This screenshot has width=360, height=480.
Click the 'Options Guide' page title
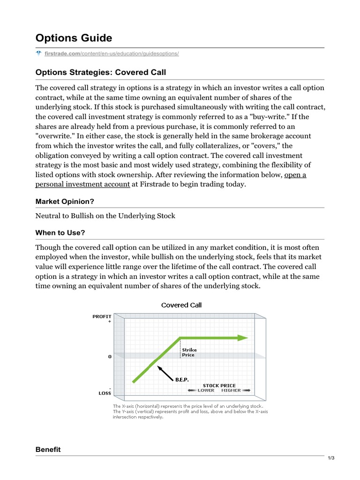(x=74, y=37)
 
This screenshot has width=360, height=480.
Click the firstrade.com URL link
(x=112, y=53)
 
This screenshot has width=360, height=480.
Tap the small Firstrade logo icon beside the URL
(x=39, y=53)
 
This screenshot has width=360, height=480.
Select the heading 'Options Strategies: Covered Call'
(x=101, y=72)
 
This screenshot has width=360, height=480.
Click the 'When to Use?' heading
(x=60, y=233)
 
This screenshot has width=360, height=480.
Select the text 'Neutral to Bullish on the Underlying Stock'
(x=105, y=216)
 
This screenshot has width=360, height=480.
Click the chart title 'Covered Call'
(x=181, y=305)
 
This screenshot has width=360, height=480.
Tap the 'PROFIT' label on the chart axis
(x=102, y=316)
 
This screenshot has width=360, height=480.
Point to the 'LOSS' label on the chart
(x=105, y=393)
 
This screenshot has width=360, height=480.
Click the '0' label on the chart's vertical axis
(x=110, y=357)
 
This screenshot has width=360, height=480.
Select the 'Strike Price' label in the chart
(x=189, y=352)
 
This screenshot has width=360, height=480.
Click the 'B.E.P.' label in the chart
(x=182, y=379)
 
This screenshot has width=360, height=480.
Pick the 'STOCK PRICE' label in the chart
(x=219, y=385)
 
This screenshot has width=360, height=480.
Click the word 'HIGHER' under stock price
(x=231, y=390)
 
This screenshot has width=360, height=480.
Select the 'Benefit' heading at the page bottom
(x=48, y=450)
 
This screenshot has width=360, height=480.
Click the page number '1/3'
(x=330, y=458)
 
